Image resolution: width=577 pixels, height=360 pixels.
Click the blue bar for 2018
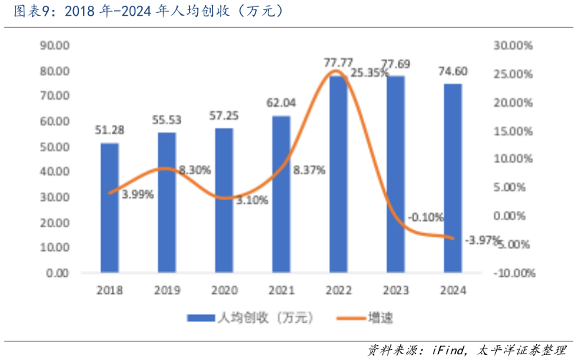pos(109,208)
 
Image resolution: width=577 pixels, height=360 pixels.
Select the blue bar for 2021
pos(281,194)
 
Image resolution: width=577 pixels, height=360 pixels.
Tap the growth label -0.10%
pos(426,217)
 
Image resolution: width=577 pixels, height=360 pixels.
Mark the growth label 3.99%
pos(137,194)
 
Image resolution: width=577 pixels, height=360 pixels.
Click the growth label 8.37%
pos(310,170)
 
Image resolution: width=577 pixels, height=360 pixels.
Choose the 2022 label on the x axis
pos(338,290)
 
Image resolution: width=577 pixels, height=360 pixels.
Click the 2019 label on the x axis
pos(166,290)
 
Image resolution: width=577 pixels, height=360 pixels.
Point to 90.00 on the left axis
pos(54,45)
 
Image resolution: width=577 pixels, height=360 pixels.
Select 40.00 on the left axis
pos(54,172)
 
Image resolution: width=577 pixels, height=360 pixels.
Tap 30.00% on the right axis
pos(513,45)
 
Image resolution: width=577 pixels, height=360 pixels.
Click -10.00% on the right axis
pos(513,273)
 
